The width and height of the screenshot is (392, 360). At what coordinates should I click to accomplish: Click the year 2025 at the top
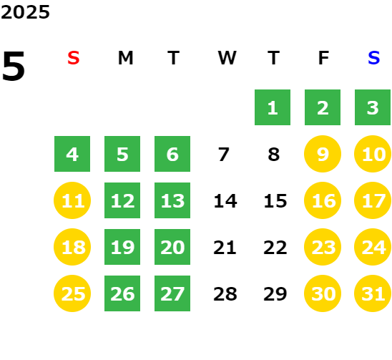pyautogui.click(x=25, y=12)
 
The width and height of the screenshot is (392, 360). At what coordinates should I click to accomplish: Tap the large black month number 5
pyautogui.click(x=14, y=66)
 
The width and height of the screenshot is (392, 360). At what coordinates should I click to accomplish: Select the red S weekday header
pyautogui.click(x=73, y=58)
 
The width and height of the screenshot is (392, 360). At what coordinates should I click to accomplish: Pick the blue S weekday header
pyautogui.click(x=373, y=58)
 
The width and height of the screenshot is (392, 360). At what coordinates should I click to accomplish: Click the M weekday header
pyautogui.click(x=125, y=58)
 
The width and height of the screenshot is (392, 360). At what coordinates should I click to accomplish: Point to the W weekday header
pyautogui.click(x=227, y=58)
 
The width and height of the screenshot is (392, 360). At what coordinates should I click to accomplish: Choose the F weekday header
pyautogui.click(x=323, y=58)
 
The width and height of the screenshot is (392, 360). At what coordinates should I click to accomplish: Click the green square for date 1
pyautogui.click(x=273, y=107)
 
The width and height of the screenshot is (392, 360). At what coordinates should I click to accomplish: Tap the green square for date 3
pyautogui.click(x=373, y=107)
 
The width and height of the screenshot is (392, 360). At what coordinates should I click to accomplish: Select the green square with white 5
pyautogui.click(x=122, y=154)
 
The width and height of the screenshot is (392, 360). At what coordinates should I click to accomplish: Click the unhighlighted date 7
pyautogui.click(x=223, y=154)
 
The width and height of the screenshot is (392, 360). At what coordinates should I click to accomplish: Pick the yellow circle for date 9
pyautogui.click(x=323, y=154)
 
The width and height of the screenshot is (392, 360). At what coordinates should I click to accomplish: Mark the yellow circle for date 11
pyautogui.click(x=72, y=200)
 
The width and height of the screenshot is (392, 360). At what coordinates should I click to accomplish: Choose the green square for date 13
pyautogui.click(x=172, y=200)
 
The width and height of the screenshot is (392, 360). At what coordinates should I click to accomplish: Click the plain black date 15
pyautogui.click(x=275, y=200)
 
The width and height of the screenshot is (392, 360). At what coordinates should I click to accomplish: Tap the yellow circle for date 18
pyautogui.click(x=72, y=247)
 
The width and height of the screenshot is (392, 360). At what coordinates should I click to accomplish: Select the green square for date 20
pyautogui.click(x=172, y=247)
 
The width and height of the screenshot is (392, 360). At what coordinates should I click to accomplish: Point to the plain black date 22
pyautogui.click(x=275, y=247)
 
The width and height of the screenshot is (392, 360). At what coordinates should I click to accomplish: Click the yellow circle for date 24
pyautogui.click(x=373, y=247)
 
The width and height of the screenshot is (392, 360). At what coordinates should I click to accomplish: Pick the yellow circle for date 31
pyautogui.click(x=373, y=293)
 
